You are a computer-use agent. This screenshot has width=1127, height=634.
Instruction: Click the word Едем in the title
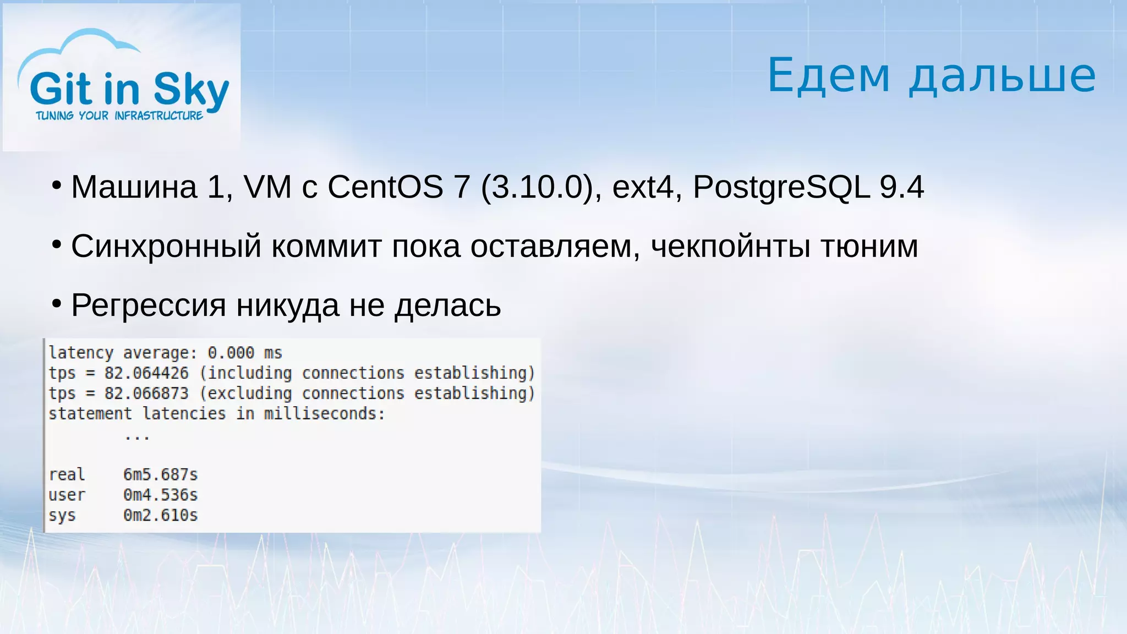[828, 75]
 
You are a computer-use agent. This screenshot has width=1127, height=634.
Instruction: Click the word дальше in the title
[1002, 75]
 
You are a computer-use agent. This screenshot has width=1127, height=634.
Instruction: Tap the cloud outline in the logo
[83, 41]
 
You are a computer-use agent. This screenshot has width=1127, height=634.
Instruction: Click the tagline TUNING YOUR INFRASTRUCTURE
[119, 116]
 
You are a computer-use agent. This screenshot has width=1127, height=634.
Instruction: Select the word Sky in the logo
[191, 90]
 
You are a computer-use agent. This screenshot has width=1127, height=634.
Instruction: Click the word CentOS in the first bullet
[385, 187]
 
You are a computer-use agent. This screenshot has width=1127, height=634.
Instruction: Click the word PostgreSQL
[781, 187]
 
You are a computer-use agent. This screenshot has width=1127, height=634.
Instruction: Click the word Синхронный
[166, 246]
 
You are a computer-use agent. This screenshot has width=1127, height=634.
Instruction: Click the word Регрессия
[149, 305]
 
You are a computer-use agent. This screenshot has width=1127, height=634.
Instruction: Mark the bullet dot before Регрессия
[56, 303]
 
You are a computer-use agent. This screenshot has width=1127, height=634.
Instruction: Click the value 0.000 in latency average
[231, 353]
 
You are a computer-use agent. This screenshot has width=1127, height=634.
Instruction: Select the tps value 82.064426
[146, 373]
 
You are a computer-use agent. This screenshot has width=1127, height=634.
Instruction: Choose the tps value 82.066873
[146, 393]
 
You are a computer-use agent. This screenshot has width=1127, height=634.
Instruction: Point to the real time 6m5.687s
[160, 474]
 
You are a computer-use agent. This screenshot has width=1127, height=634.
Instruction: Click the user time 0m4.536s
[160, 495]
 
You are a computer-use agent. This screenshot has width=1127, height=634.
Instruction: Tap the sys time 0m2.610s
[160, 515]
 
